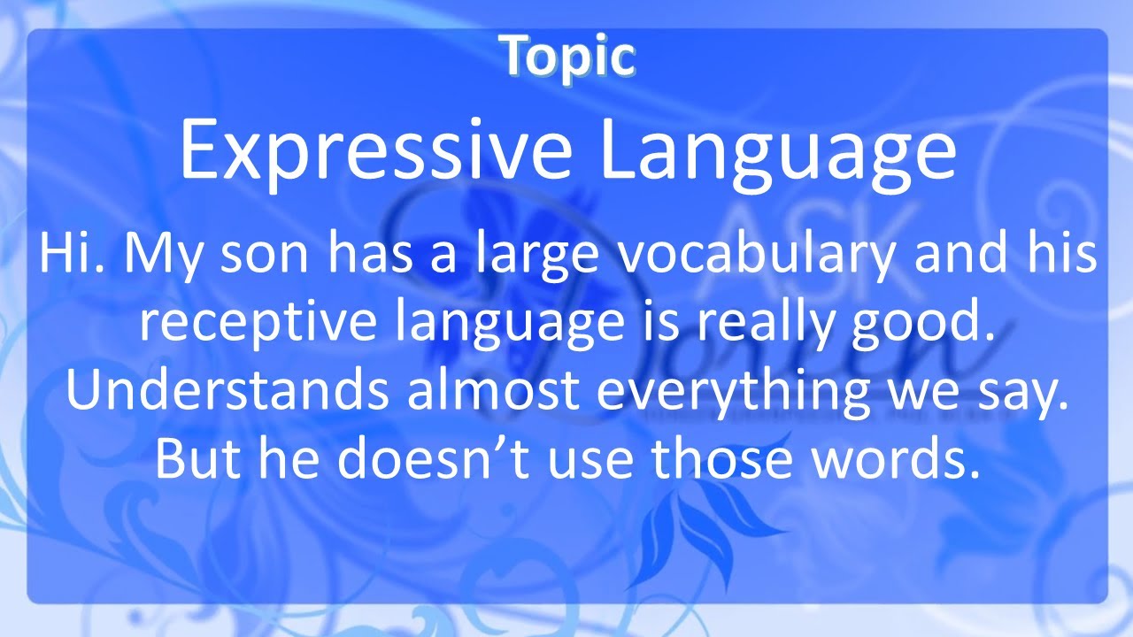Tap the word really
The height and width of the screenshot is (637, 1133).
pos(761,325)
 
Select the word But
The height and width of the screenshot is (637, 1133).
pos(198,457)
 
